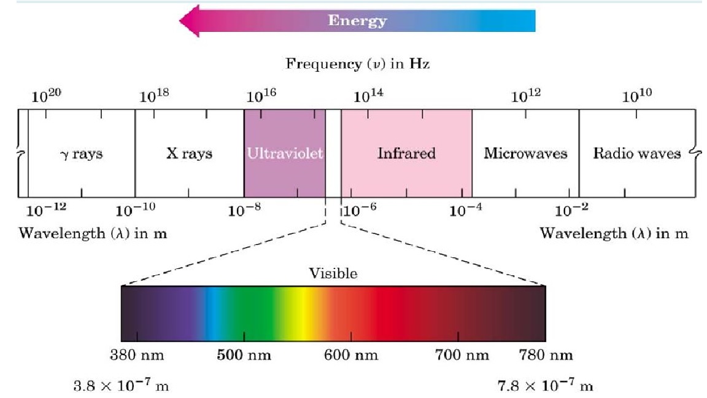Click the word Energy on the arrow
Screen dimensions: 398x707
(x=358, y=21)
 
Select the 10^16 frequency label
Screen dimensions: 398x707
(x=262, y=96)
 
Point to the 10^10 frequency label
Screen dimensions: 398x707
(x=637, y=96)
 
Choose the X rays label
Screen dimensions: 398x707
(x=189, y=153)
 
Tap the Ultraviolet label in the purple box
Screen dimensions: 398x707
(x=284, y=153)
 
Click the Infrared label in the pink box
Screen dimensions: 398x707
(x=406, y=153)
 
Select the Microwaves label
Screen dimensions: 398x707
(x=525, y=153)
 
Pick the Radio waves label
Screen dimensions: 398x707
(x=637, y=153)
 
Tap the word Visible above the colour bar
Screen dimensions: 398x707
(x=333, y=274)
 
